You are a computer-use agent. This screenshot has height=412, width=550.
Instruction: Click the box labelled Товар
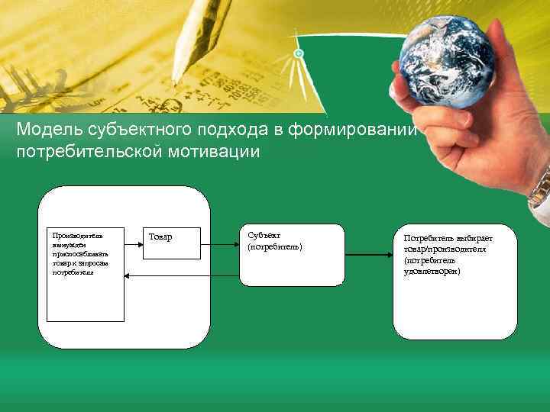pyautogui.click(x=171, y=243)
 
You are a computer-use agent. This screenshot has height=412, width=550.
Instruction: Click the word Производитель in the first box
pyautogui.click(x=76, y=235)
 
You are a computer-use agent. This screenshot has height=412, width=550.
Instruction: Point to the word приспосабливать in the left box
pyautogui.click(x=80, y=253)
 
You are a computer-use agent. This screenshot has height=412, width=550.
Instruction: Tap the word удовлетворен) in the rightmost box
pyautogui.click(x=432, y=271)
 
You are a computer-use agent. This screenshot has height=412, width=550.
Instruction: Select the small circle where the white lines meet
pyautogui.click(x=299, y=53)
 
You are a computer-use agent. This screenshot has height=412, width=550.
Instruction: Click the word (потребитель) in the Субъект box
pyautogui.click(x=276, y=246)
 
